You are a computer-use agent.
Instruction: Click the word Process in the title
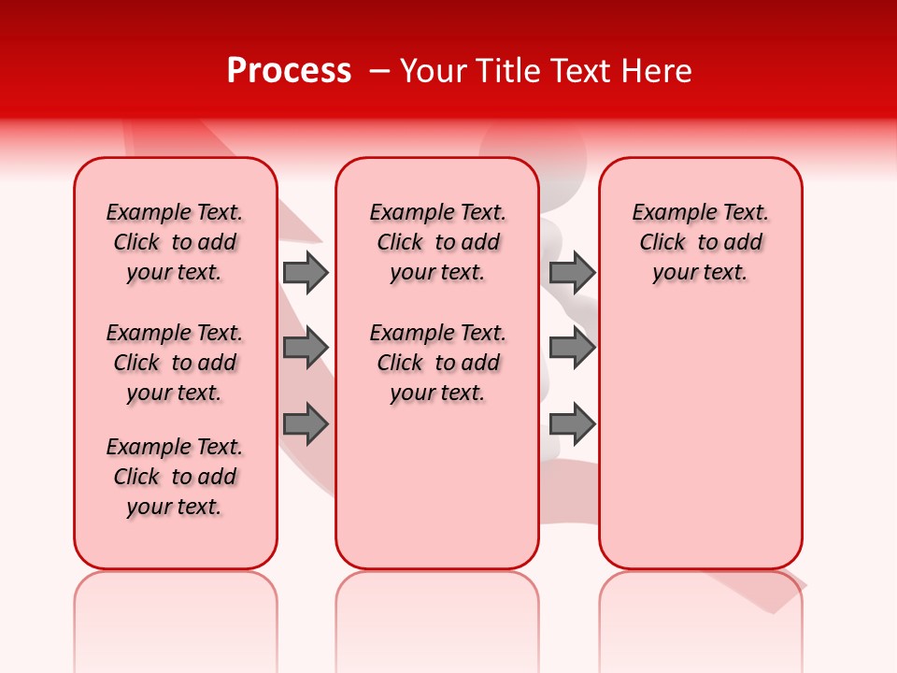pyautogui.click(x=289, y=71)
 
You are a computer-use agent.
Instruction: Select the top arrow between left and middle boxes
pyautogui.click(x=305, y=272)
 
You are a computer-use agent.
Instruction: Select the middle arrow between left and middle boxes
pyautogui.click(x=305, y=348)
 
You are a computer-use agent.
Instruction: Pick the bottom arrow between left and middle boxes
pyautogui.click(x=305, y=424)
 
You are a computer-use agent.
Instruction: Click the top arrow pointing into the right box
pyautogui.click(x=572, y=272)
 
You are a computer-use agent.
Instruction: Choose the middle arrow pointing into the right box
pyautogui.click(x=572, y=348)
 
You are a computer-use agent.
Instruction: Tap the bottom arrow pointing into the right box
pyautogui.click(x=572, y=424)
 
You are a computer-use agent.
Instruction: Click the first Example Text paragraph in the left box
pyautogui.click(x=175, y=242)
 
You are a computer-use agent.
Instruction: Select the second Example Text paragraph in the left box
pyautogui.click(x=175, y=363)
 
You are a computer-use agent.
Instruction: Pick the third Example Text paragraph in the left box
pyautogui.click(x=175, y=477)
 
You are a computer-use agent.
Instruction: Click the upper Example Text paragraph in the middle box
pyautogui.click(x=437, y=242)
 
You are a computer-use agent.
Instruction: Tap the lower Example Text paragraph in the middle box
pyautogui.click(x=437, y=363)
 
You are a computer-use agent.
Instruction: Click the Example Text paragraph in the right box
pyautogui.click(x=700, y=242)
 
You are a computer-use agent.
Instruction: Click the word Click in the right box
pyautogui.click(x=662, y=243)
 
